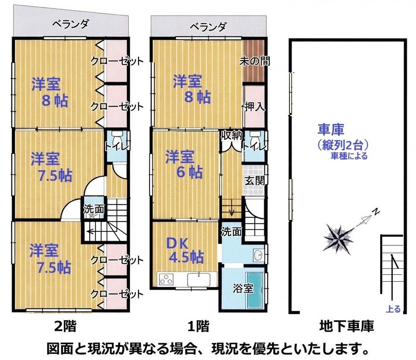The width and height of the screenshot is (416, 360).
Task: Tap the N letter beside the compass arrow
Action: pos(376,211)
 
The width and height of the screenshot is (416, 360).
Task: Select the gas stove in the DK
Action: pos(166,279)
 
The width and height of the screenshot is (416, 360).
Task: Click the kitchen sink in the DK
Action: pos(199,279)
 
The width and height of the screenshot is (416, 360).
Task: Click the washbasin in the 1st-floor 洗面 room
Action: pos(258,256)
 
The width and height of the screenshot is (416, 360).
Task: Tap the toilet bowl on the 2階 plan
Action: pos(117,137)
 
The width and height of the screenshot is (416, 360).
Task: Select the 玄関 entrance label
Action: pos(254,181)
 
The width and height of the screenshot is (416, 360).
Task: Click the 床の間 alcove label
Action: pos(255,61)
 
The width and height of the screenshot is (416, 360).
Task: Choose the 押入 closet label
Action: pos(254,106)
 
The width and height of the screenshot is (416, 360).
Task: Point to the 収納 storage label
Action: pos(232,135)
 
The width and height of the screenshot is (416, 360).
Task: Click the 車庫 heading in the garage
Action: pos(331,129)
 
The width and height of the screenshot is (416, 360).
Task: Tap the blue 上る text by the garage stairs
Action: pos(393,309)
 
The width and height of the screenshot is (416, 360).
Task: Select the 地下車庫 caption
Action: pos(346,326)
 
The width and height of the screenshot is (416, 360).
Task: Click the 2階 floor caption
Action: pos(65,326)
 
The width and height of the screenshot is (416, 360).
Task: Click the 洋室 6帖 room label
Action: pos(184,164)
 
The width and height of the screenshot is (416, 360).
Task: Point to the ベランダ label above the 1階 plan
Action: pos(208,27)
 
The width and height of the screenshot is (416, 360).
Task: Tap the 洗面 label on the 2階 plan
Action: pos(94,209)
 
